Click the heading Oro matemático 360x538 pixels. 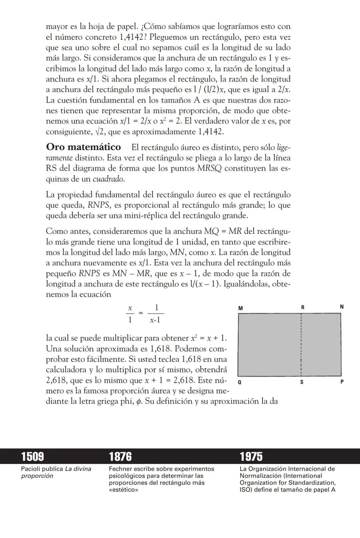point(83,147)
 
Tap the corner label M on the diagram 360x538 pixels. point(241,308)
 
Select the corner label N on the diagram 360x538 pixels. point(342,307)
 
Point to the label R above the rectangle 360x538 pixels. point(303,307)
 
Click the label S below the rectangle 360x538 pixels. point(302,382)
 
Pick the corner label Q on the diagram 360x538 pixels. point(240,382)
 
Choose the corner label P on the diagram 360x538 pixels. point(342,382)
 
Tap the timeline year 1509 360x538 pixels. point(32,456)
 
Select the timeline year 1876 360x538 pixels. point(120,456)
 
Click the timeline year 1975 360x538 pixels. point(251,456)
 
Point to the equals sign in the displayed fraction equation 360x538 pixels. point(141,313)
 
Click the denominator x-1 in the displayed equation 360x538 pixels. point(155,320)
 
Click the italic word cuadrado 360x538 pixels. point(108,179)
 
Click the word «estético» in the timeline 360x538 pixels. point(123,490)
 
